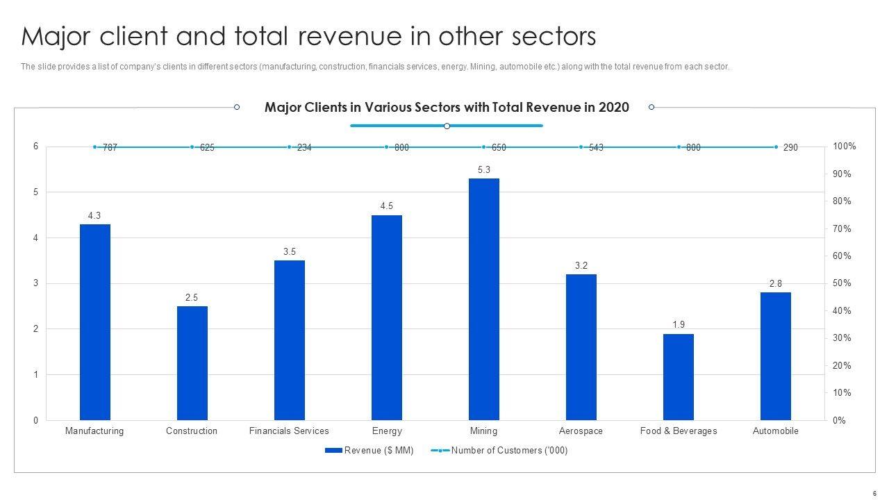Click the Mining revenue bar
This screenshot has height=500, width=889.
pyautogui.click(x=483, y=299)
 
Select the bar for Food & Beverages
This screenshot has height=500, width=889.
pyautogui.click(x=678, y=377)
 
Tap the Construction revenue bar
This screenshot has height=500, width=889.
pyautogui.click(x=192, y=363)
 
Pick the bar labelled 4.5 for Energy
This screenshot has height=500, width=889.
pyautogui.click(x=386, y=317)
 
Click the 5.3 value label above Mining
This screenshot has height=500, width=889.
pyautogui.click(x=484, y=169)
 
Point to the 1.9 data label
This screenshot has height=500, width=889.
pyautogui.click(x=679, y=325)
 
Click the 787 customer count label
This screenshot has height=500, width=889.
pyautogui.click(x=110, y=148)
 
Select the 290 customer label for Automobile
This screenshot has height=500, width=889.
pyautogui.click(x=790, y=148)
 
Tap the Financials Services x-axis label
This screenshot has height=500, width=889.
pyautogui.click(x=289, y=431)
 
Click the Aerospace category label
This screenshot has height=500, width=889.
pyautogui.click(x=581, y=431)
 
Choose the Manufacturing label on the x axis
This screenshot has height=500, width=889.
pyautogui.click(x=94, y=431)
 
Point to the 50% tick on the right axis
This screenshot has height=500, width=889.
pyautogui.click(x=842, y=283)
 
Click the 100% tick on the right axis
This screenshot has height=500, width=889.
pyautogui.click(x=844, y=147)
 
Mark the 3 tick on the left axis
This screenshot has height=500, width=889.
pyautogui.click(x=35, y=283)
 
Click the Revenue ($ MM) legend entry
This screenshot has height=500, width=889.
pyautogui.click(x=369, y=451)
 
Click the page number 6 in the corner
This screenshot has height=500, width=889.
pyautogui.click(x=874, y=493)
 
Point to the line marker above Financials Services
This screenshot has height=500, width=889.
pyautogui.click(x=289, y=147)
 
